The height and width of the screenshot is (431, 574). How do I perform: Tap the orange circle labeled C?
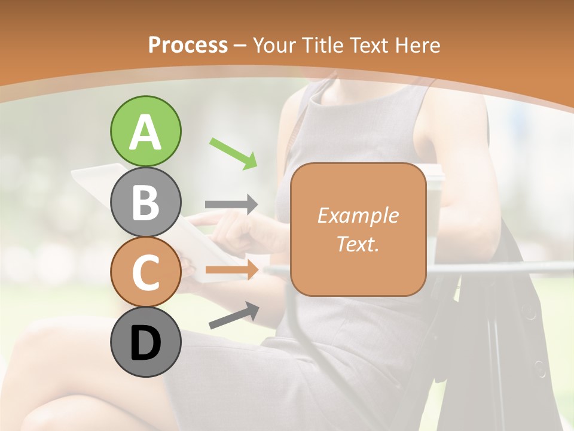click(x=145, y=272)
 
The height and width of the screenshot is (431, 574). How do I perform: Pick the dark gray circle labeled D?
click(x=145, y=342)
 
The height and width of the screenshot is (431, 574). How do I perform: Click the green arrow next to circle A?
click(x=233, y=153)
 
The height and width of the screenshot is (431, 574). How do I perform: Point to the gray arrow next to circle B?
click(x=231, y=204)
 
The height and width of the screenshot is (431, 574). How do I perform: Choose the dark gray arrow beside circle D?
click(x=234, y=315)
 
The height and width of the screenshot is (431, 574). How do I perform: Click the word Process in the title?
click(x=188, y=45)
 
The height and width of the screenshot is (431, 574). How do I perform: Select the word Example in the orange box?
click(x=358, y=215)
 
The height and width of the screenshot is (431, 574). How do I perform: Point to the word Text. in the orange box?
click(x=358, y=244)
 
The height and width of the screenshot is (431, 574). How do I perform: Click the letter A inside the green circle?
click(x=145, y=133)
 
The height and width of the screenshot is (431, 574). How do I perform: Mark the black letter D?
click(x=145, y=344)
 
